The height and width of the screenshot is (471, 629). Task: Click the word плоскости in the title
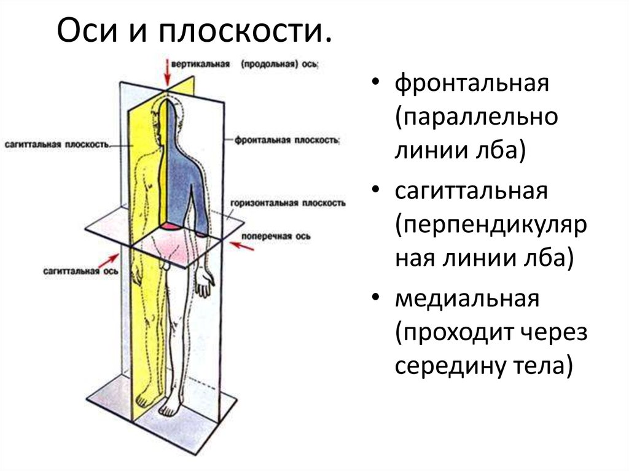[x=244, y=31]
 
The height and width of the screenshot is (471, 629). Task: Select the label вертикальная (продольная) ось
[x=244, y=64]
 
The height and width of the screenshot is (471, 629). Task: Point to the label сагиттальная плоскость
[x=57, y=144]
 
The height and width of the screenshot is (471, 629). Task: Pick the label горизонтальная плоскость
[x=288, y=203]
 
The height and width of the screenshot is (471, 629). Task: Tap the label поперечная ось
[x=276, y=236]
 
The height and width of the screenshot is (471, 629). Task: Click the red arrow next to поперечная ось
[x=241, y=246]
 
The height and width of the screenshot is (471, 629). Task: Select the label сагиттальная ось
[x=80, y=271]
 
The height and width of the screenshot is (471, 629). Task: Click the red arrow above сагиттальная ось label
[x=107, y=260]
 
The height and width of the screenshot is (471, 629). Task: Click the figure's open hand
[x=205, y=282]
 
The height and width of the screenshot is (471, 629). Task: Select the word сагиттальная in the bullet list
[x=471, y=190]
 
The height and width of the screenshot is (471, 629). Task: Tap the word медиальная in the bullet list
[x=467, y=298]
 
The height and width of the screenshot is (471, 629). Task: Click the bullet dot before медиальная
[x=375, y=297]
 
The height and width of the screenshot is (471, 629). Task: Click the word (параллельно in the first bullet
[x=477, y=118]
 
